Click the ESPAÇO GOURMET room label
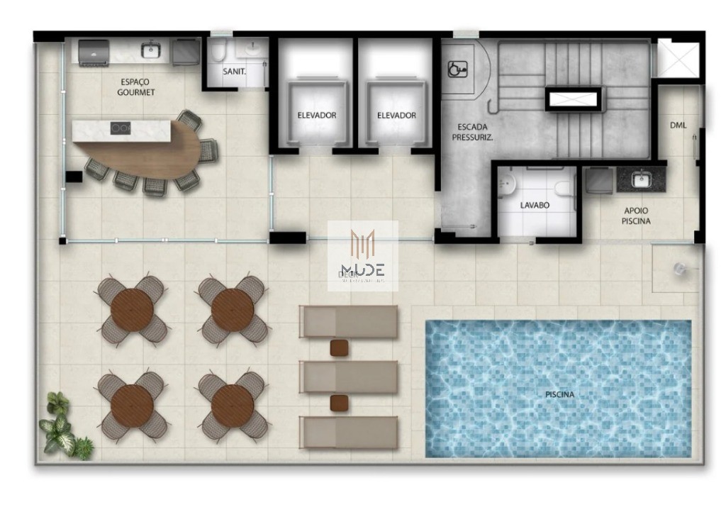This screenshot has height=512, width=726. tap(136, 87)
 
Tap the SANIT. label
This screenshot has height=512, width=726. tap(234, 72)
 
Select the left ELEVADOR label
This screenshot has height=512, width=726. tap(316, 115)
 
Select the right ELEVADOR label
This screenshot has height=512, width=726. tap(396, 115)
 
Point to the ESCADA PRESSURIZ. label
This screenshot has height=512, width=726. tap(472, 132)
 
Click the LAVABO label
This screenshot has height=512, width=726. tap(535, 206)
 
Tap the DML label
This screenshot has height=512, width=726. tap(678, 126)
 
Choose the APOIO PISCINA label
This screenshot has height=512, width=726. tap(635, 216)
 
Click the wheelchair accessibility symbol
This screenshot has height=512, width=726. tap(458, 69)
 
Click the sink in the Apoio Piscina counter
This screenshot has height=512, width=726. tap(641, 179)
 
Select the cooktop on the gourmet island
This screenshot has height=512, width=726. tap(121, 128)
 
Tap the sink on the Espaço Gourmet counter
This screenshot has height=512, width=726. tap(150, 50)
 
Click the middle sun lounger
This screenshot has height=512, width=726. tap(348, 376)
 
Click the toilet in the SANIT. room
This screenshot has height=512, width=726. tap(219, 50)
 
